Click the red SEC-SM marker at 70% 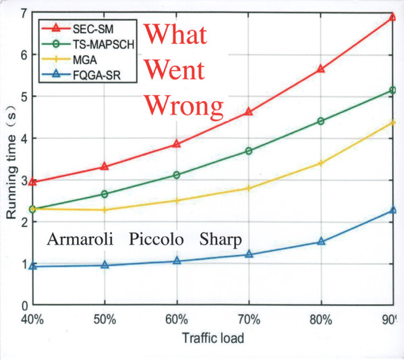(249, 112)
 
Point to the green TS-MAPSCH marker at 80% (321, 121)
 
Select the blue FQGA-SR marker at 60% (177, 261)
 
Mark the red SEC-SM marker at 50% (105, 166)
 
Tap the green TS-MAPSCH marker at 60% (177, 175)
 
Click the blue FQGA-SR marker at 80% (321, 241)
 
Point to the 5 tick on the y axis (24, 96)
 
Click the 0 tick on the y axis (24, 306)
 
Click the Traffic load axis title (213, 338)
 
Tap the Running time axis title (11, 164)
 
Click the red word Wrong (185, 106)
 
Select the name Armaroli (80, 239)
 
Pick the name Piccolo (156, 239)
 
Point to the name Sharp (221, 240)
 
